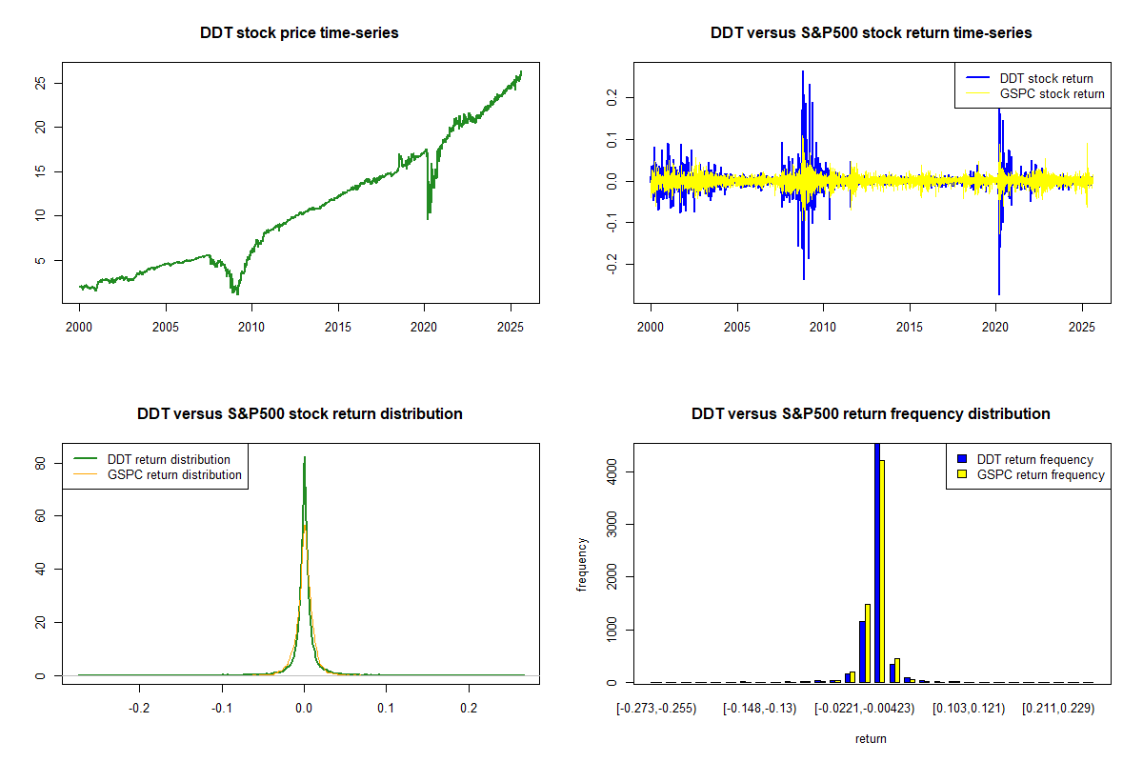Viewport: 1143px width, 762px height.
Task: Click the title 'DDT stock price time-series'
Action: (x=299, y=33)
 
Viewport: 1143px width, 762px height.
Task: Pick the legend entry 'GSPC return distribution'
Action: (x=174, y=475)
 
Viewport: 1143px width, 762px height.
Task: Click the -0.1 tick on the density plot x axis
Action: (x=222, y=709)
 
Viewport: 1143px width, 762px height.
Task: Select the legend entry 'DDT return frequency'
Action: (x=1034, y=460)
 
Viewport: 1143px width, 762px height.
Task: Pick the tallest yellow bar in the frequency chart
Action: (x=883, y=571)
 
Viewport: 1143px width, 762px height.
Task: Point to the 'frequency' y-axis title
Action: (x=582, y=565)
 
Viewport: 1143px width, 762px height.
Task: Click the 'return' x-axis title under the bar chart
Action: (x=871, y=738)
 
